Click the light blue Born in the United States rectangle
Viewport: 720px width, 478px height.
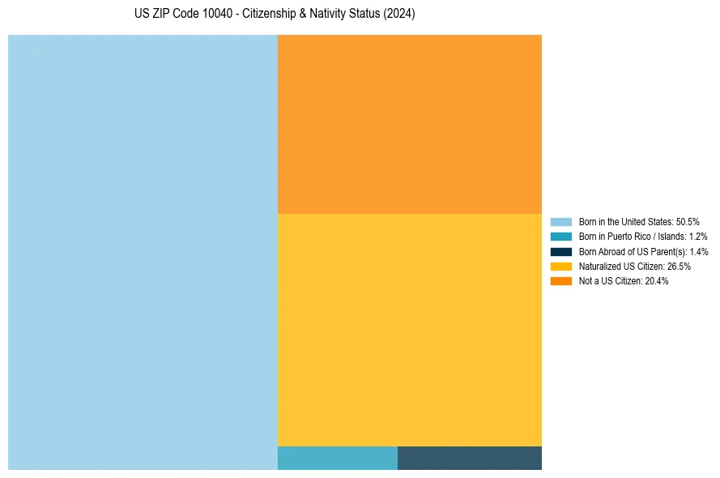click(x=143, y=252)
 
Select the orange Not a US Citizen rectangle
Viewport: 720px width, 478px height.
click(x=409, y=124)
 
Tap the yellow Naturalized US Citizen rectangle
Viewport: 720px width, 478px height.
click(x=409, y=330)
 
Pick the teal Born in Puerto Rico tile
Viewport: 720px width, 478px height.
click(x=337, y=458)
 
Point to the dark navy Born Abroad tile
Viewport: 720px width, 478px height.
click(x=469, y=458)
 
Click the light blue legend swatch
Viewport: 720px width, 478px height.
click(x=560, y=222)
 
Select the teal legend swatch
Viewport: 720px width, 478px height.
click(x=560, y=237)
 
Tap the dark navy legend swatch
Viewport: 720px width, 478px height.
click(x=560, y=251)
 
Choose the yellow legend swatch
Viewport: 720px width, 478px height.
click(x=560, y=266)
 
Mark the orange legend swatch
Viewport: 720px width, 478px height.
click(x=560, y=281)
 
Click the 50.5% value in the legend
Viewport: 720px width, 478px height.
click(x=688, y=222)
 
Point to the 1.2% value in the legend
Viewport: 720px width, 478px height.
click(x=698, y=237)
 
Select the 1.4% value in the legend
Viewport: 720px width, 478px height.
click(x=698, y=251)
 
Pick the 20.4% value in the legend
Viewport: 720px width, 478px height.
click(x=657, y=281)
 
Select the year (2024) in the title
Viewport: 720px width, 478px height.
click(x=399, y=15)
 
